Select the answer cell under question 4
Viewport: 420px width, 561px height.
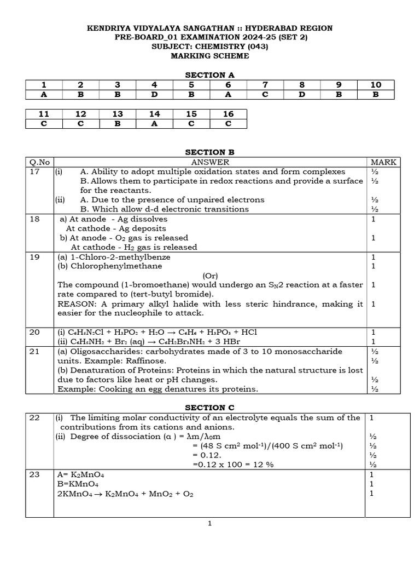pyautogui.click(x=154, y=94)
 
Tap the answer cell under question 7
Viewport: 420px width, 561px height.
pyautogui.click(x=265, y=94)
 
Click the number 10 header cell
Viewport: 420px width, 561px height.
pyautogui.click(x=376, y=85)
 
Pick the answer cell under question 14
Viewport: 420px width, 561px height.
pyautogui.click(x=154, y=123)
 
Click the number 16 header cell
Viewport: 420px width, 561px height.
pyautogui.click(x=228, y=114)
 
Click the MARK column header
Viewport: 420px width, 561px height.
pyautogui.click(x=383, y=162)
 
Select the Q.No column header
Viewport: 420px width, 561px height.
pyautogui.click(x=39, y=162)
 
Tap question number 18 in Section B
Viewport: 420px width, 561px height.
pyautogui.click(x=34, y=219)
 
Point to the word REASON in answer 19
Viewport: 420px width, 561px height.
pyautogui.click(x=75, y=304)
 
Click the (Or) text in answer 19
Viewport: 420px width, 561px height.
pyautogui.click(x=211, y=276)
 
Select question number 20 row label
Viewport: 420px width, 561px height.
pyautogui.click(x=34, y=332)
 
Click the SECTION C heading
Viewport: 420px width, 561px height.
pyautogui.click(x=209, y=408)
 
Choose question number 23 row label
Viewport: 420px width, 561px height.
pyautogui.click(x=34, y=475)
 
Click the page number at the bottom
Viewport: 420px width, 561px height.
pyautogui.click(x=209, y=524)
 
